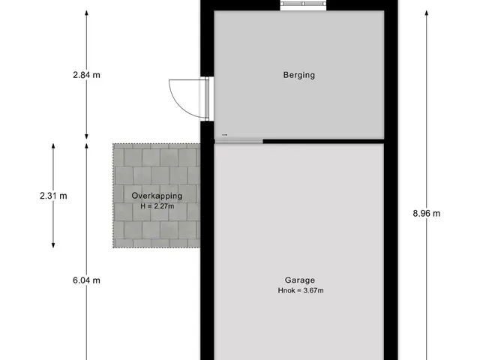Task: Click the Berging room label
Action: pos(299,75)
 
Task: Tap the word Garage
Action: pos(300,280)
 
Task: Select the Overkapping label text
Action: pos(157,196)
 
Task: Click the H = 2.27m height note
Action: pos(157,206)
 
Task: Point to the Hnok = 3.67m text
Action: pos(301,290)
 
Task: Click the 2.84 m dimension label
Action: pos(87,75)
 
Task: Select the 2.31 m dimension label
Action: pos(53,196)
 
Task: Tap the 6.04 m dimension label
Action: pos(87,280)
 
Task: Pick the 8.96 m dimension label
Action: pos(427,213)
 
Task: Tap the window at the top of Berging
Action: pos(303,4)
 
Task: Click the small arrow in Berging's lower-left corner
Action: pos(225,135)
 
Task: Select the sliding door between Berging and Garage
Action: pos(238,142)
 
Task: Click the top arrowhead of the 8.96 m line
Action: pos(427,12)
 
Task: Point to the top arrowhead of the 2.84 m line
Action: pos(87,12)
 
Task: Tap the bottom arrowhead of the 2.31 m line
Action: pos(53,245)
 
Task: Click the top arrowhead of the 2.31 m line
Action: pos(53,145)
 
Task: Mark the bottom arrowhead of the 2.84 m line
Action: pos(87,136)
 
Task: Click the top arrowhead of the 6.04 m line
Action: pos(87,145)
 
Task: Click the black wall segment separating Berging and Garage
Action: pos(323,142)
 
